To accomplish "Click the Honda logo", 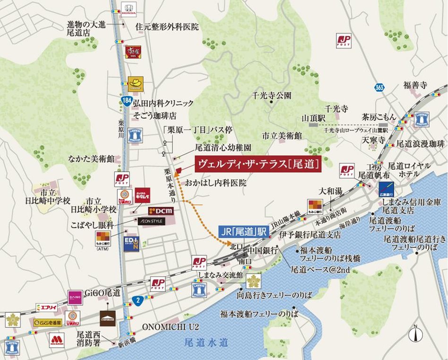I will click(129, 10).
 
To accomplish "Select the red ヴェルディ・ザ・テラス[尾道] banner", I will click(258, 164).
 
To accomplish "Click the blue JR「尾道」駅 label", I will click(244, 233).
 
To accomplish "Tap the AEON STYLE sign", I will click(151, 220).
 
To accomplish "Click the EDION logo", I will click(132, 244).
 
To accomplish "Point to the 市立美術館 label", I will click(283, 135).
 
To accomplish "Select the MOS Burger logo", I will click(57, 340).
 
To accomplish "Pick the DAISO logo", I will click(75, 297).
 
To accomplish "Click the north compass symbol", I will click(414, 334).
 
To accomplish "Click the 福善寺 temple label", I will click(415, 85).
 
